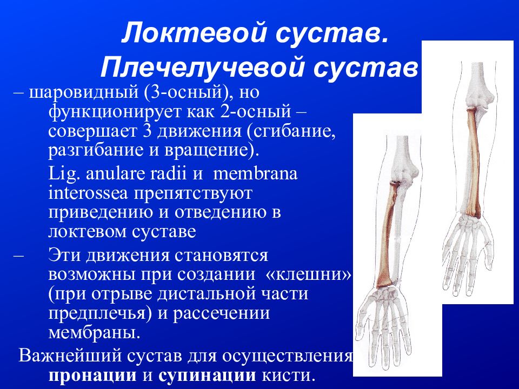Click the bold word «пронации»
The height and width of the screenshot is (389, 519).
coord(93,375)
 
